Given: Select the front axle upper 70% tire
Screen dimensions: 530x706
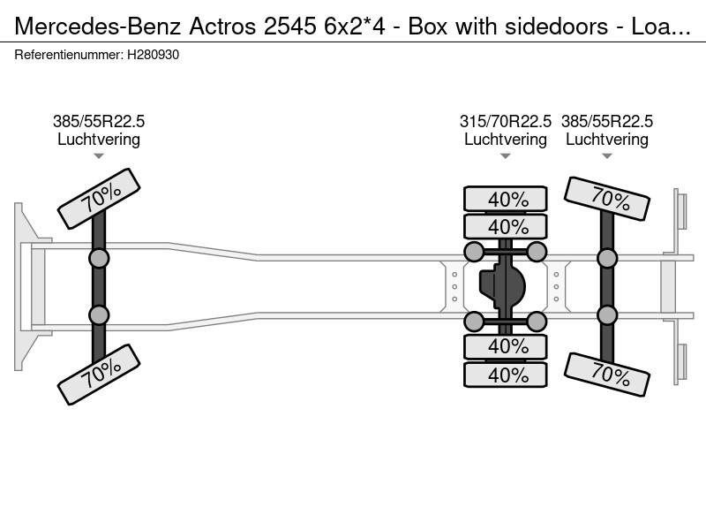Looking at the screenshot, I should tap(99, 198).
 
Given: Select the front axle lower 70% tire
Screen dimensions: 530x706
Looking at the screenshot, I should tap(99, 374).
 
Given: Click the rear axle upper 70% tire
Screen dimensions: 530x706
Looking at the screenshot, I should tap(607, 199).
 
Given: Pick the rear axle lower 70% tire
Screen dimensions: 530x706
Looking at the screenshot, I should tap(607, 375).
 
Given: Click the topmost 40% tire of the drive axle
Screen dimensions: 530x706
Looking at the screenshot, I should tap(506, 200).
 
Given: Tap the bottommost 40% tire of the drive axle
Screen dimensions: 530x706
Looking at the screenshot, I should tap(506, 375).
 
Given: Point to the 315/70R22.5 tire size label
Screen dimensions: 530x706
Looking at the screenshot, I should tap(506, 122).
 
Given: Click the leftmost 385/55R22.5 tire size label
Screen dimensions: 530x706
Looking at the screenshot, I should tap(99, 122).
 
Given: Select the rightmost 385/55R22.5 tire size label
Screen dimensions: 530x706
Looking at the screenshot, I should tap(607, 122).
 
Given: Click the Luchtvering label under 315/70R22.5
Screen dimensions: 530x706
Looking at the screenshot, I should tap(506, 140).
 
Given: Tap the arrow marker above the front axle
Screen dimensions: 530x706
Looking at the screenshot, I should tap(99, 156).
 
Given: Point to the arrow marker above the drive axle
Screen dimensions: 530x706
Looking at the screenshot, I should tap(506, 156).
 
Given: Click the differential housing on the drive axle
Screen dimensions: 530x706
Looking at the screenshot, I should tap(503, 286).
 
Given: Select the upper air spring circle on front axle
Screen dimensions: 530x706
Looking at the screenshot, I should tap(99, 258).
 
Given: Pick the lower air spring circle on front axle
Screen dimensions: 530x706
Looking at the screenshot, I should tap(99, 314).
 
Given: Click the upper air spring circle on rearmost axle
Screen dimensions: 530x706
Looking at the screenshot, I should tap(607, 258).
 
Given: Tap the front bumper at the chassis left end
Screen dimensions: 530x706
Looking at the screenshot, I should tap(19, 286).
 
